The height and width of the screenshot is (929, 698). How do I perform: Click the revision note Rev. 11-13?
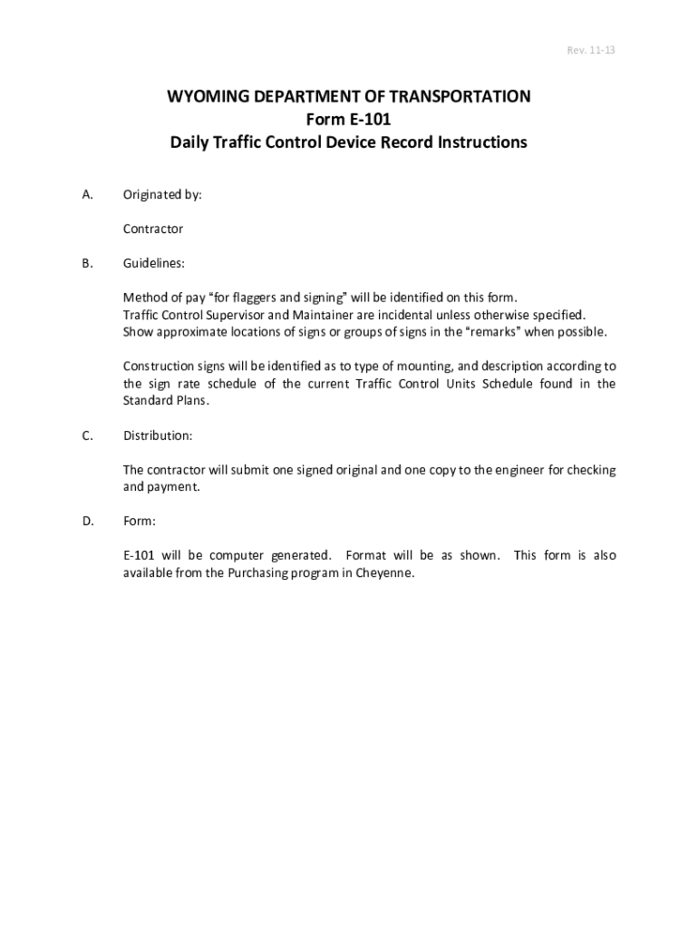(591, 51)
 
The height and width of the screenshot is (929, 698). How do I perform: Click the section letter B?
(87, 264)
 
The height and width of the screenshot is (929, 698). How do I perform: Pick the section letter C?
(87, 436)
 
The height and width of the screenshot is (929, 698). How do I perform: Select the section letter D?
(87, 522)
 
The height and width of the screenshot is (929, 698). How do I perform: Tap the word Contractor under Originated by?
(153, 230)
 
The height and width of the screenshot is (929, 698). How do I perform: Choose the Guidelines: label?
(154, 264)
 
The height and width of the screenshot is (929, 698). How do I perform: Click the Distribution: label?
(158, 436)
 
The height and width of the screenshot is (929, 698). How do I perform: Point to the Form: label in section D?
(140, 522)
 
